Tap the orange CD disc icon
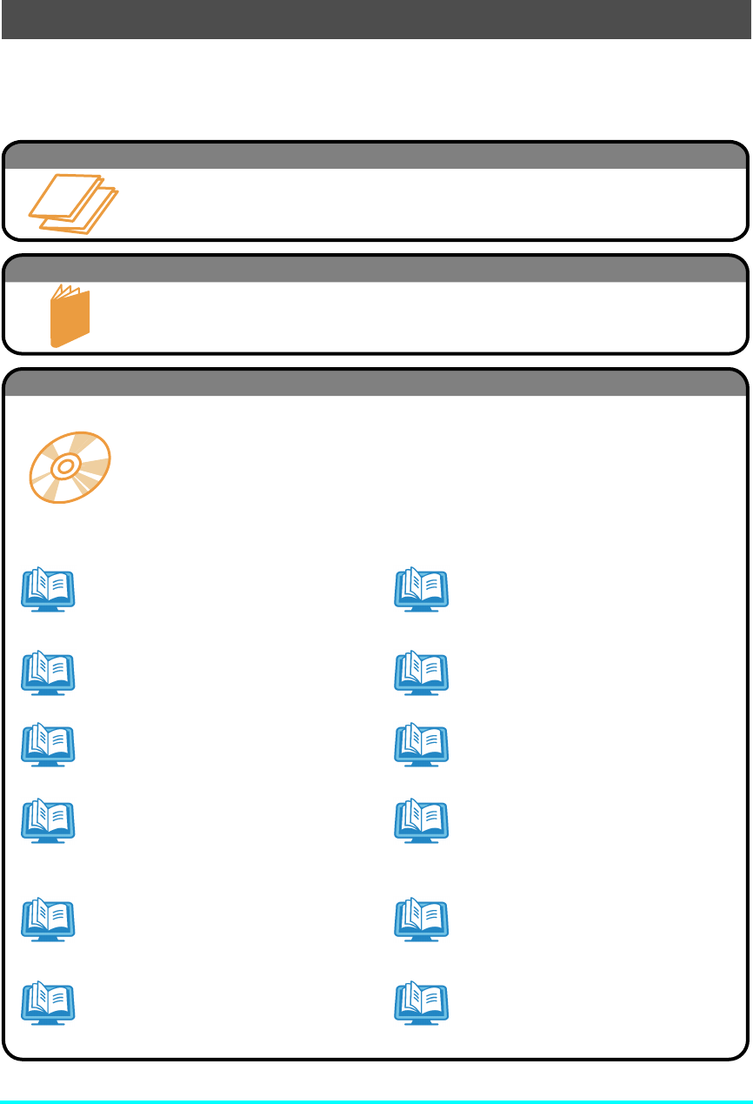point(70,468)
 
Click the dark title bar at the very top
point(376,19)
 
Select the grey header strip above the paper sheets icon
point(376,156)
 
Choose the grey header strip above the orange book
point(376,269)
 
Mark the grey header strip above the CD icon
point(376,383)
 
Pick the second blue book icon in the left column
point(48,673)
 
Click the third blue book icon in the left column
point(48,745)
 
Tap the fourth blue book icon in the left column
point(48,821)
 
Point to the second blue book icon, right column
point(421,673)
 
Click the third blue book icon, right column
point(421,745)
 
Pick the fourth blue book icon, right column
point(421,821)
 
